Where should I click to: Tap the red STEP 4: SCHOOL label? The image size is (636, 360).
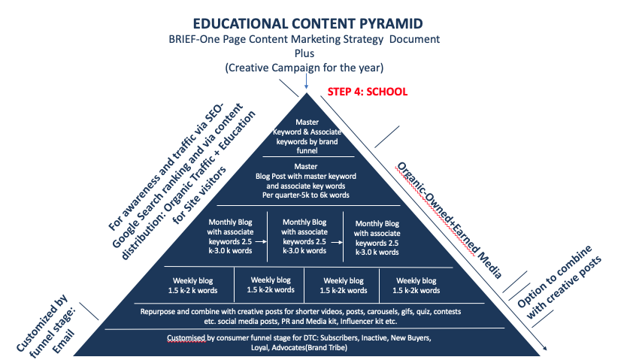coord(368,92)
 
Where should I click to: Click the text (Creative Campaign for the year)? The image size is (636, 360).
coord(305,67)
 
